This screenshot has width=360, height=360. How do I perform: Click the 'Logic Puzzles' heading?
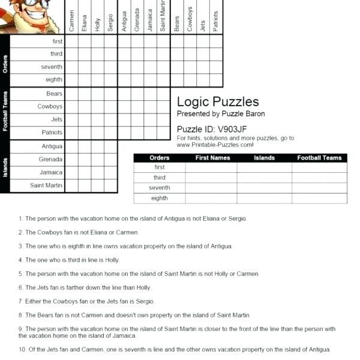218,101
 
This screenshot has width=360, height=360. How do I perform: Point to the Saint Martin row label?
46,185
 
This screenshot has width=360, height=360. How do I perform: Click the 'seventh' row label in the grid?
52,67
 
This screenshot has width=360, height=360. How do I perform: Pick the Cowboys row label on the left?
50,107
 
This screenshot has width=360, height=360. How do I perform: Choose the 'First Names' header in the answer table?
213,158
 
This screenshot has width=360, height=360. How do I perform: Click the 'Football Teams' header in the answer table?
319,158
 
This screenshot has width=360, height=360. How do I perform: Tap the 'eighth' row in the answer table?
160,198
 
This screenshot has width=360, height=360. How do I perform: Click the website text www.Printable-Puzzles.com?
215,145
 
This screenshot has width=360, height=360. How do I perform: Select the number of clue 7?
20,301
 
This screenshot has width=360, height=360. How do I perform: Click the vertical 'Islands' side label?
5,166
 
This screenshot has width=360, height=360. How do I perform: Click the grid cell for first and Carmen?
71,41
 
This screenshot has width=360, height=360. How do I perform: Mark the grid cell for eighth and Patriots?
215,80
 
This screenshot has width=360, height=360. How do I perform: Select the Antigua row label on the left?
52,146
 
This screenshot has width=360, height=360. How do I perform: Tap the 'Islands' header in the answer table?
264,158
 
